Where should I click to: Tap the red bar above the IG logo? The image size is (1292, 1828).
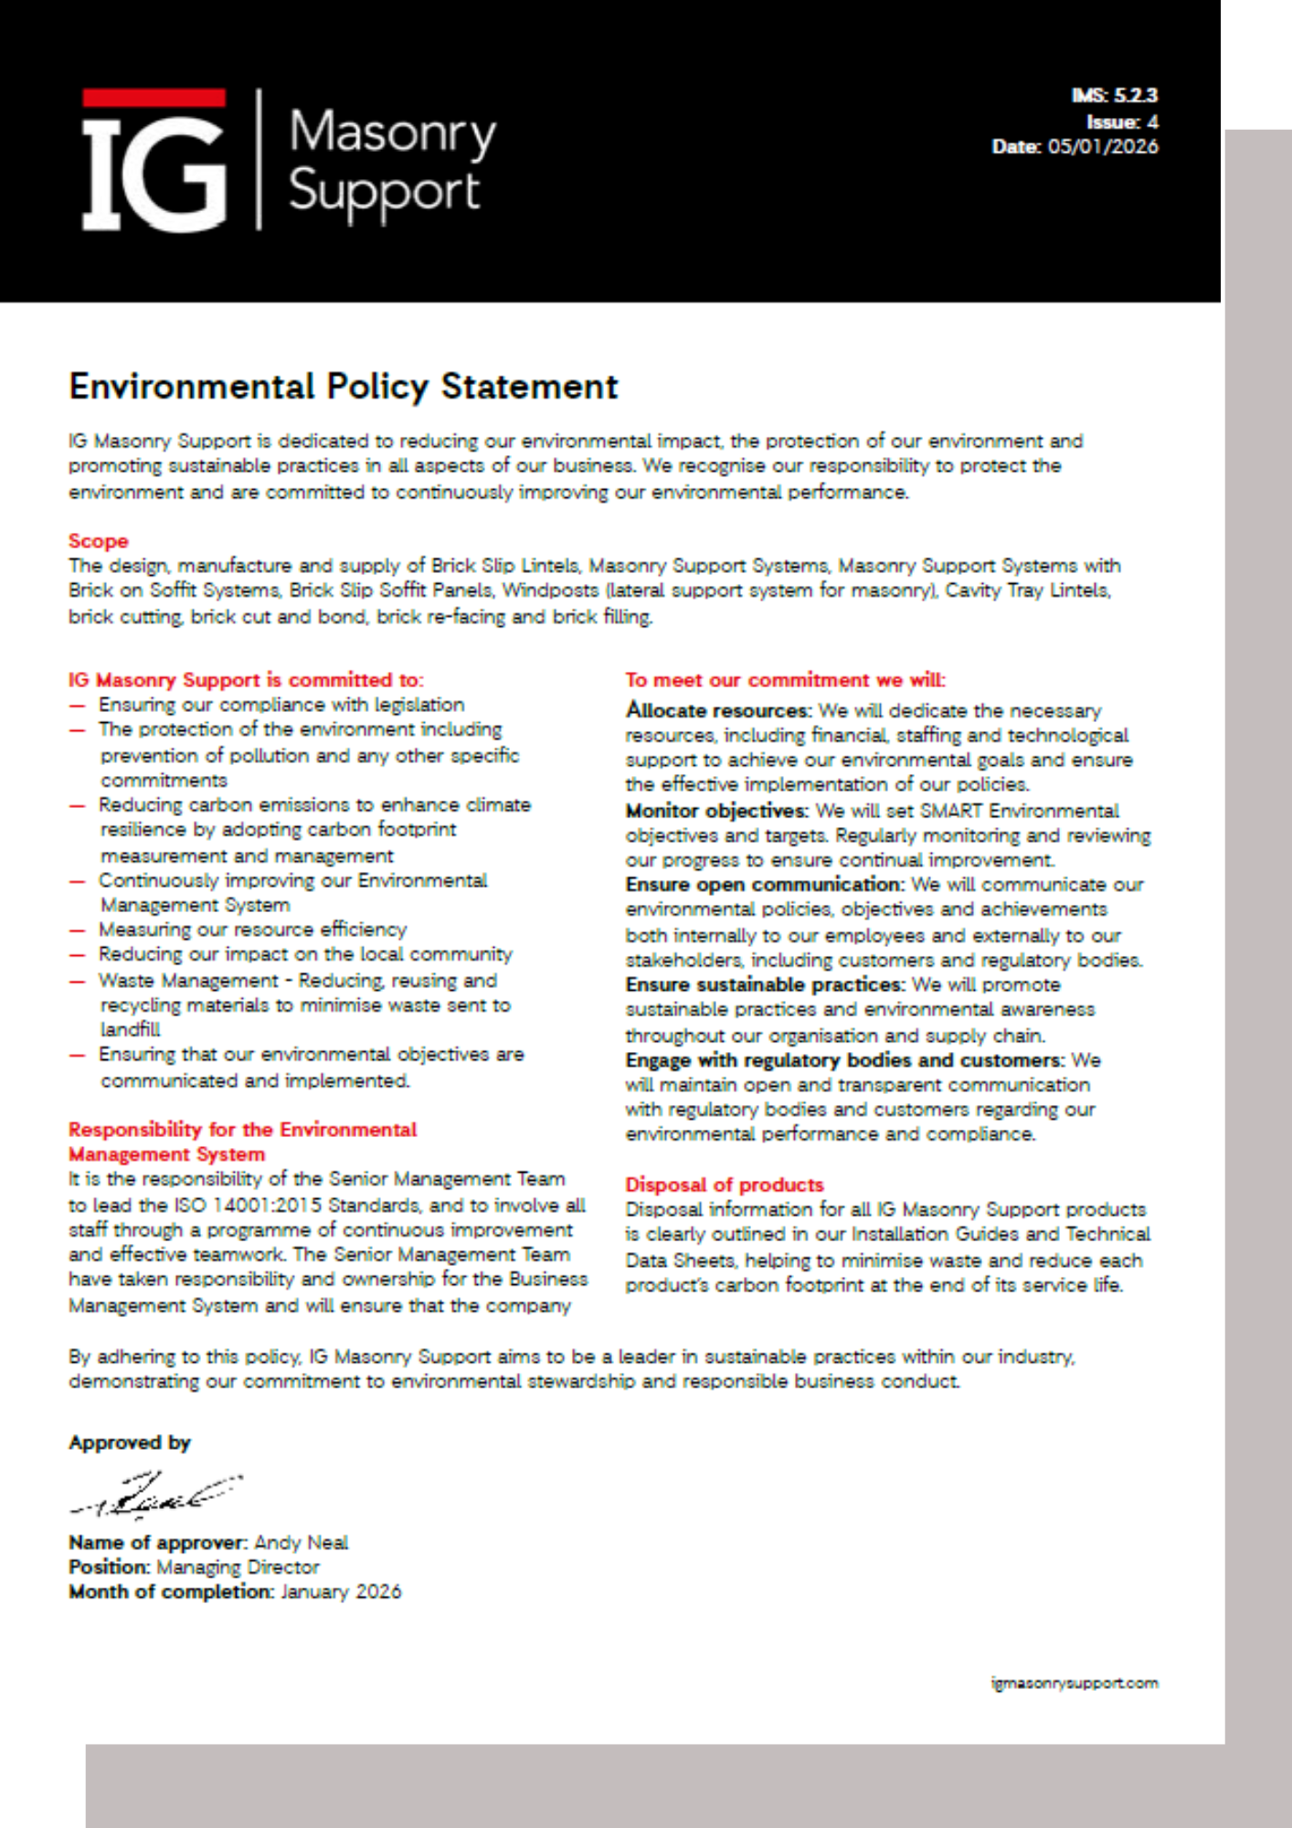tap(154, 98)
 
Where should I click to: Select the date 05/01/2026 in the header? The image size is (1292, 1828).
tap(1103, 147)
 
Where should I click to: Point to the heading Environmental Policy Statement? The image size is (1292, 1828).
tap(344, 387)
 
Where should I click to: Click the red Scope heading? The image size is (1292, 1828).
tap(98, 541)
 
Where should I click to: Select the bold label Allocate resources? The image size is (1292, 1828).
tap(718, 710)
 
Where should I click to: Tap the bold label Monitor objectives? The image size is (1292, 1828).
tap(716, 811)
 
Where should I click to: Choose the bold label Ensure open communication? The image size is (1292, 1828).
tap(764, 885)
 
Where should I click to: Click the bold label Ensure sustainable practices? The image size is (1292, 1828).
tap(764, 984)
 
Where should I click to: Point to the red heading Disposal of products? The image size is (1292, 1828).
tap(724, 1185)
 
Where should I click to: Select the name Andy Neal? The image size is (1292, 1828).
tap(301, 1543)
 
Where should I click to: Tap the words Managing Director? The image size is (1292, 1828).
tap(238, 1568)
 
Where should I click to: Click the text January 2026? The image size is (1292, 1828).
tap(341, 1592)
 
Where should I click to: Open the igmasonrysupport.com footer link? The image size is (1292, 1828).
tap(1075, 1683)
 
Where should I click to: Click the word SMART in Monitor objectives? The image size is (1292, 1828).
tap(951, 811)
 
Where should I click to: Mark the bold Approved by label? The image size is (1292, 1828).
tap(130, 1442)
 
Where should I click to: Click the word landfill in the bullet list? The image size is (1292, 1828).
tap(130, 1030)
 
